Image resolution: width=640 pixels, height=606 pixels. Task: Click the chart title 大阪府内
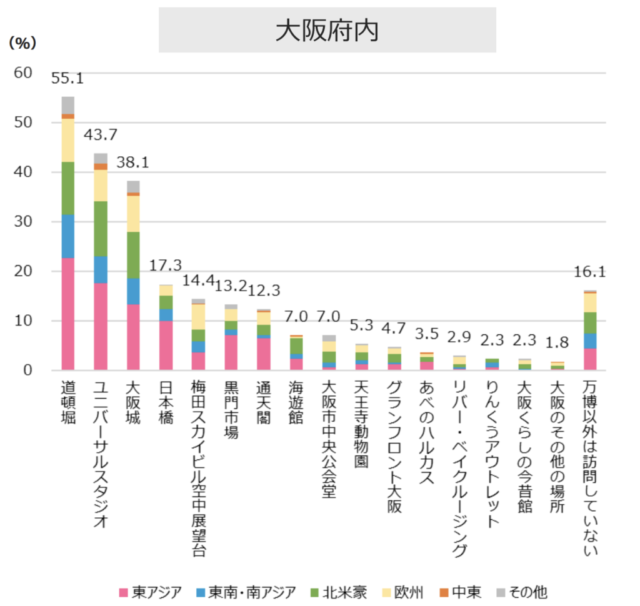click(x=327, y=31)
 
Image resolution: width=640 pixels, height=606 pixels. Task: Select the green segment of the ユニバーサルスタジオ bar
click(x=100, y=228)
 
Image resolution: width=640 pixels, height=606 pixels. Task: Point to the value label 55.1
click(x=67, y=79)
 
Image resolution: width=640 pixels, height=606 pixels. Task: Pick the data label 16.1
click(x=589, y=272)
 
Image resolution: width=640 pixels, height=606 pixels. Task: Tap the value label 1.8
click(x=556, y=344)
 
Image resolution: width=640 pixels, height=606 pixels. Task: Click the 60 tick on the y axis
click(x=22, y=73)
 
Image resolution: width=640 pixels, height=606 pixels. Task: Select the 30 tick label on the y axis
click(x=22, y=222)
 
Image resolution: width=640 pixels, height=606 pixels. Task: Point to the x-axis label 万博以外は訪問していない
click(x=590, y=465)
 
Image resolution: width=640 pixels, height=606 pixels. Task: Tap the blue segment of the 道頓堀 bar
click(x=67, y=236)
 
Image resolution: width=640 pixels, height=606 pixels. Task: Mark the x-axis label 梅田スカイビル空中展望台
click(x=198, y=465)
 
